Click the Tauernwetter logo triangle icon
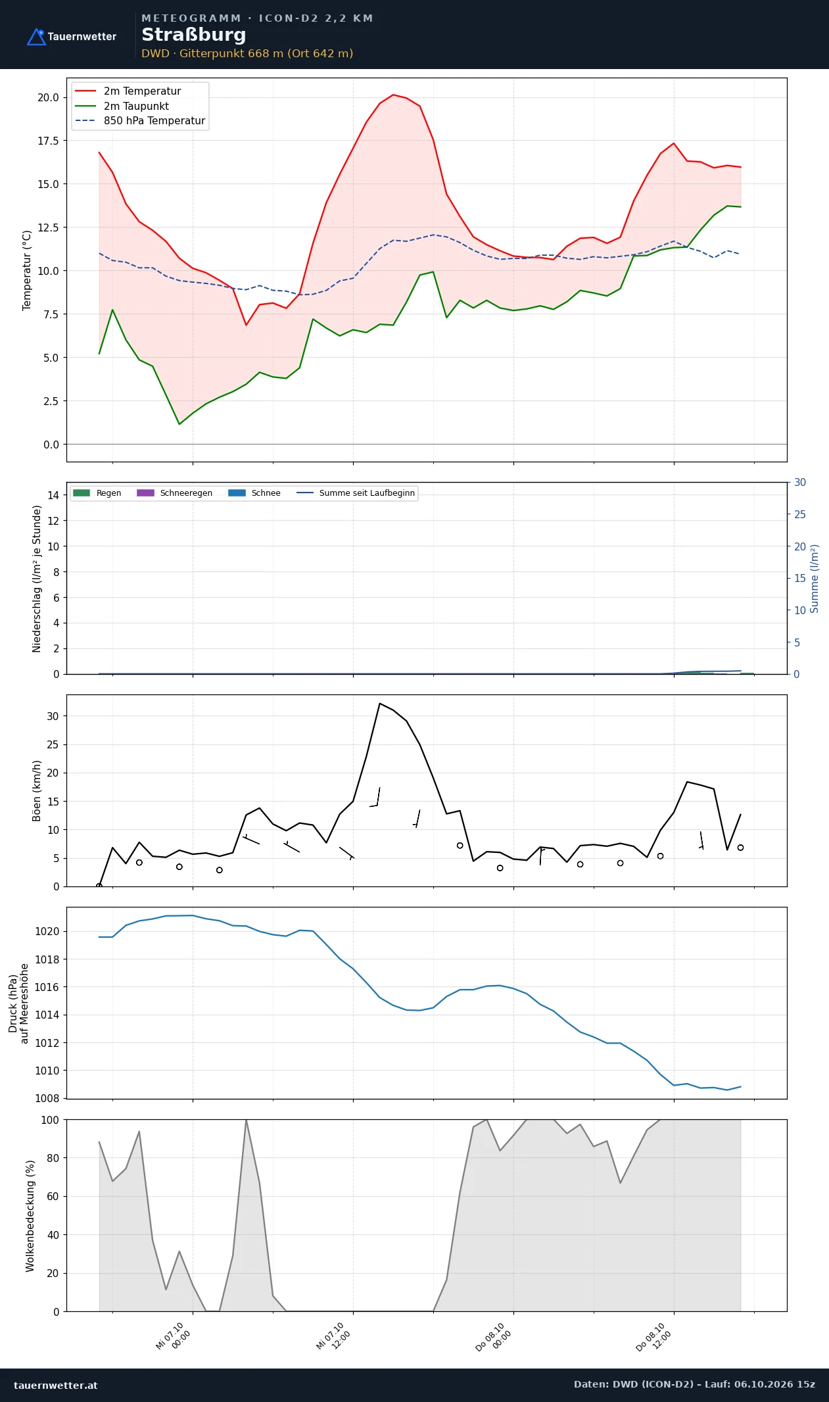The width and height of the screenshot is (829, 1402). [36, 37]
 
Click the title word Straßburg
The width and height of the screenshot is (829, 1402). [194, 35]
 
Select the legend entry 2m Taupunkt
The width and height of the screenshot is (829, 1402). [122, 106]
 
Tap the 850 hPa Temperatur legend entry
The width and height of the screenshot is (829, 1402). [140, 121]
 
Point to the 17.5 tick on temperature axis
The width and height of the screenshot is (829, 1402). [48, 141]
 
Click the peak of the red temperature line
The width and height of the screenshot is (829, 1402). [393, 95]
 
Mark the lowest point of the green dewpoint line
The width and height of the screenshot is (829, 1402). [179, 424]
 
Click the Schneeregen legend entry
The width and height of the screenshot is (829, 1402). [175, 493]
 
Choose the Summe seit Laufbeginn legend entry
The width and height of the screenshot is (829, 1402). [356, 493]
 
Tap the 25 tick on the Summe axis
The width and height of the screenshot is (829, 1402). [800, 514]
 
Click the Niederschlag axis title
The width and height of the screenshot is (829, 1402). [37, 579]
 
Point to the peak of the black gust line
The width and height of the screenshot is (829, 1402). [380, 703]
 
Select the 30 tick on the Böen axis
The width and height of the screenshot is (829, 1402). [53, 716]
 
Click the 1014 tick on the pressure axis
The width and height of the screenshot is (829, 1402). [47, 1015]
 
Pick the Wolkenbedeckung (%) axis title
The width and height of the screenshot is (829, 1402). [30, 1216]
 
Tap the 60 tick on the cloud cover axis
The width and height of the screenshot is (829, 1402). [53, 1196]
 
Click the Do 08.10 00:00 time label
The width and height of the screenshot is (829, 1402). [494, 1337]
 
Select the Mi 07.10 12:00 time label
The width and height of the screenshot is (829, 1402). [333, 1337]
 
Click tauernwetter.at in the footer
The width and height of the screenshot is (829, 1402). [56, 1385]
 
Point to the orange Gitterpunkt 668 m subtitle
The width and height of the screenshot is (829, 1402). [247, 53]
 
